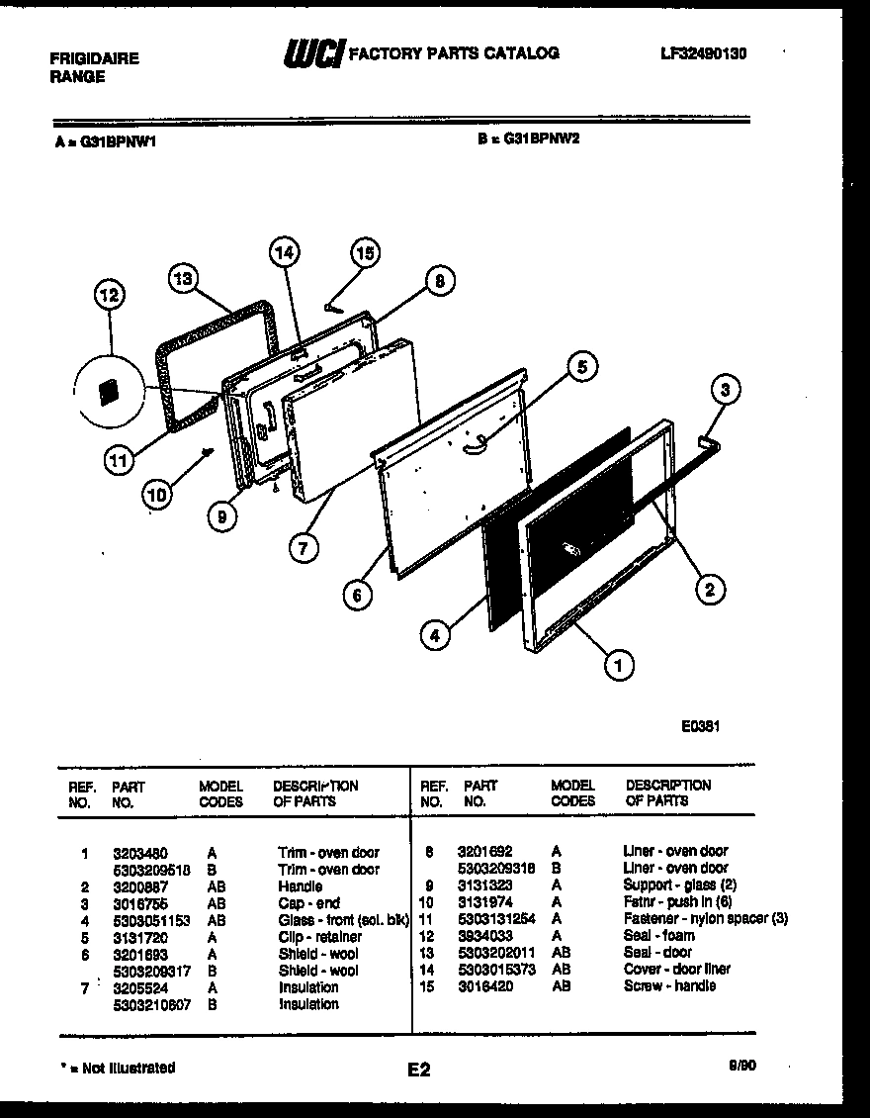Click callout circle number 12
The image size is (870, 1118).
(x=111, y=295)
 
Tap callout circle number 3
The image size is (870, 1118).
(x=725, y=390)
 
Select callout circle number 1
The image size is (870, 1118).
(x=618, y=666)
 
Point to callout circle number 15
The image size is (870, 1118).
(x=365, y=253)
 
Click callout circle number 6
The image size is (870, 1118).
(x=358, y=595)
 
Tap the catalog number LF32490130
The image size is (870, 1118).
(x=704, y=53)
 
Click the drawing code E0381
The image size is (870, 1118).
(x=699, y=724)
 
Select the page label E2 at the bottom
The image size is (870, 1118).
(x=418, y=1070)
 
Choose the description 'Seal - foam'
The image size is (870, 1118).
(x=658, y=935)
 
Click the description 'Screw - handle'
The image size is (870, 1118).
(x=669, y=986)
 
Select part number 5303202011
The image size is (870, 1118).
(x=495, y=952)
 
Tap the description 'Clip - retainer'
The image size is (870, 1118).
(x=319, y=936)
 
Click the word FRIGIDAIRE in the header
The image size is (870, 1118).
(x=94, y=58)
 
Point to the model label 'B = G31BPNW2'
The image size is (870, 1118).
(x=528, y=140)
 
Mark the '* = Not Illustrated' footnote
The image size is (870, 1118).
(x=117, y=1068)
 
